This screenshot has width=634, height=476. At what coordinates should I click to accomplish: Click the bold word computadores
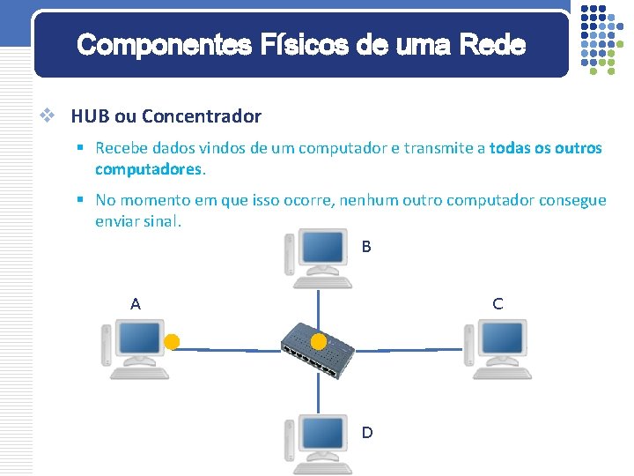tap(149, 167)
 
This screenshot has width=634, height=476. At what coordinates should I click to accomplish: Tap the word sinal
tap(159, 220)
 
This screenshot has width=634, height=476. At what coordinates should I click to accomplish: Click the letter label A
tap(135, 304)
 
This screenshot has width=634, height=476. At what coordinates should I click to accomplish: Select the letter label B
tap(366, 247)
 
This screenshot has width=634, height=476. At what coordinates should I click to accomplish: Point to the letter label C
tap(498, 304)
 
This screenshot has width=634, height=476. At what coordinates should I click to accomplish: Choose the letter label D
tap(367, 432)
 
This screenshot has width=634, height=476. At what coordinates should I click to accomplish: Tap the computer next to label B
tap(318, 258)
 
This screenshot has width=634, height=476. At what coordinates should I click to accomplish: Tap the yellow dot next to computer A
tap(173, 341)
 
